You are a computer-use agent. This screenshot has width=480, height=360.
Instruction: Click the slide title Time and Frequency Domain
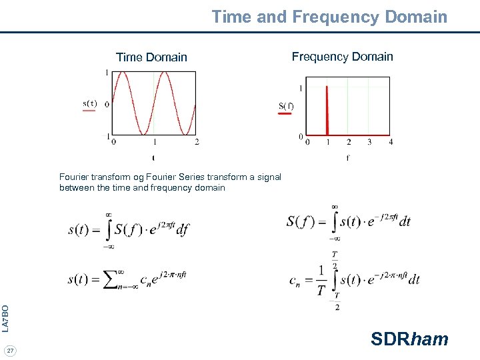pyautogui.click(x=329, y=17)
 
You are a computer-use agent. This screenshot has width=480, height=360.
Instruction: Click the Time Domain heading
pyautogui.click(x=151, y=57)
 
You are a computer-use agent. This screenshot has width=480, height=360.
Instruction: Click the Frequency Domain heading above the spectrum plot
pyautogui.click(x=343, y=57)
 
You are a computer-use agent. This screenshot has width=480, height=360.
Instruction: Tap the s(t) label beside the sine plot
pyautogui.click(x=89, y=103)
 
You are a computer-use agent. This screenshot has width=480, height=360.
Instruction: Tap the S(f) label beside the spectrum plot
pyautogui.click(x=286, y=105)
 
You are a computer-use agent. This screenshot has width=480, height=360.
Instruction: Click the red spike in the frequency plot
pyautogui.click(x=327, y=110)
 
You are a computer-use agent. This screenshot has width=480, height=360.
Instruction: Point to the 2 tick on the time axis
pyautogui.click(x=197, y=141)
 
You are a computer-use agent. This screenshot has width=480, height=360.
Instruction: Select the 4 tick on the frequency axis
pyautogui.click(x=391, y=141)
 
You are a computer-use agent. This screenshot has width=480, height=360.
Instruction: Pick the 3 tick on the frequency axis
pyautogui.click(x=369, y=141)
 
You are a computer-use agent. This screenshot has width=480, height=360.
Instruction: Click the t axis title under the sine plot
pyautogui.click(x=153, y=158)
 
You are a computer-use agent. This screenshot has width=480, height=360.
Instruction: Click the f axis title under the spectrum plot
pyautogui.click(x=347, y=158)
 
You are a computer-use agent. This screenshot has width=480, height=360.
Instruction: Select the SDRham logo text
pyautogui.click(x=409, y=339)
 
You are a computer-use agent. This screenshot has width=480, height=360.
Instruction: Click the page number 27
pyautogui.click(x=11, y=350)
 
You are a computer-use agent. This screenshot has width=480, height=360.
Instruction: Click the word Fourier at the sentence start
pyautogui.click(x=75, y=177)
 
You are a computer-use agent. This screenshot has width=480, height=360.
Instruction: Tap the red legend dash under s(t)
pyautogui.click(x=89, y=112)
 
